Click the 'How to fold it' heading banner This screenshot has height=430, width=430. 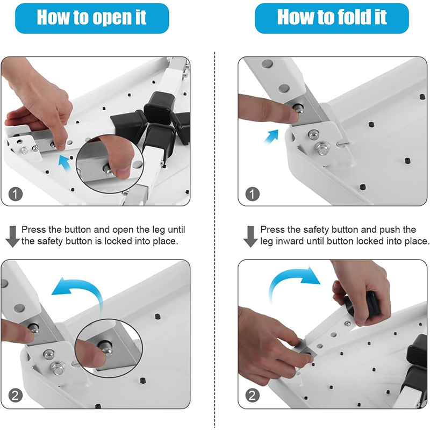pyautogui.click(x=332, y=18)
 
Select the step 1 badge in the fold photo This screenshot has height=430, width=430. pyautogui.click(x=252, y=193)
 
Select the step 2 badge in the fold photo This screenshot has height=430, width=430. pyautogui.click(x=252, y=396)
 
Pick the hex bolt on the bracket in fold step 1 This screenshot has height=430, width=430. pyautogui.click(x=323, y=148)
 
